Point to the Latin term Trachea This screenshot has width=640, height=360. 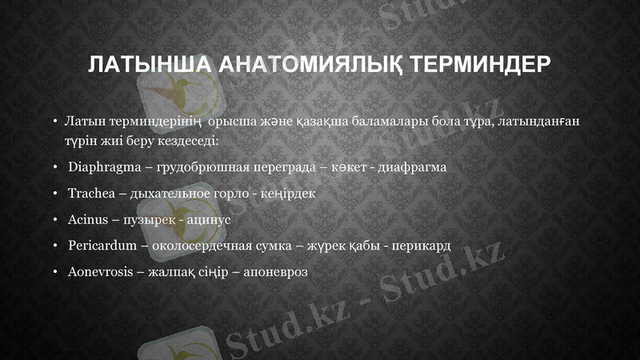point(92,194)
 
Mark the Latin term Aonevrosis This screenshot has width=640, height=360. point(101,271)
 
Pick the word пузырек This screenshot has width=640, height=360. point(149,219)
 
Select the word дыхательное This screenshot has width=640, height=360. point(177,194)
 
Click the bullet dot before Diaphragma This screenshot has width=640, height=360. point(56,168)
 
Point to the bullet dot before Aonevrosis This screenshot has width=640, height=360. point(56,271)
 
